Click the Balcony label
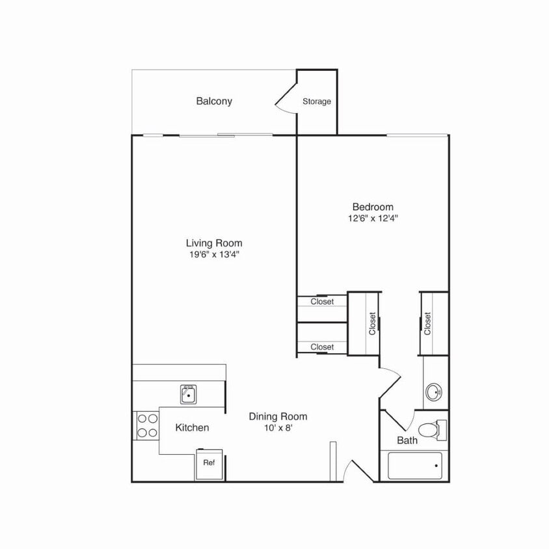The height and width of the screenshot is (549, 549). click(x=214, y=101)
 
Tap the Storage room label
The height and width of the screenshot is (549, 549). click(x=317, y=101)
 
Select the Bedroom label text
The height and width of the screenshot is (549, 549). click(x=373, y=207)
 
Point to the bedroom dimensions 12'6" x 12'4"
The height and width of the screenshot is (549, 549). click(x=373, y=219)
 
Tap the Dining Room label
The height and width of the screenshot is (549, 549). click(x=278, y=416)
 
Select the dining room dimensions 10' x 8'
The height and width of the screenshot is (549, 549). click(x=278, y=428)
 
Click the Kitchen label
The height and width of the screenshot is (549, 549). click(x=193, y=427)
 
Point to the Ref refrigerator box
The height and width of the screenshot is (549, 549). click(x=209, y=463)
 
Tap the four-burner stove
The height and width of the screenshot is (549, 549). click(x=146, y=425)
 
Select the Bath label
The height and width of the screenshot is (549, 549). click(x=407, y=440)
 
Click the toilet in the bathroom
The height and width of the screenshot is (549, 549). click(x=431, y=429)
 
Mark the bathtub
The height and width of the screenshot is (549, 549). click(x=415, y=465)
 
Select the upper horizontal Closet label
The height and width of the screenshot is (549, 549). click(x=322, y=302)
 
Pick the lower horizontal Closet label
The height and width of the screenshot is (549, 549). click(x=322, y=347)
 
